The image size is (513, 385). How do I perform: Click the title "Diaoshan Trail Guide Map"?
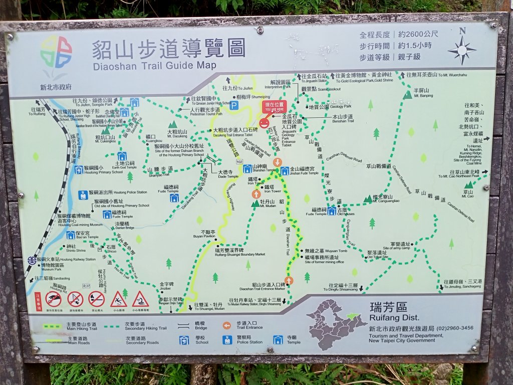154,65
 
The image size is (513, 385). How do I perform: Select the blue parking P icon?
233,105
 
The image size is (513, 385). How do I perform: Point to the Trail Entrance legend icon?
227,325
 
